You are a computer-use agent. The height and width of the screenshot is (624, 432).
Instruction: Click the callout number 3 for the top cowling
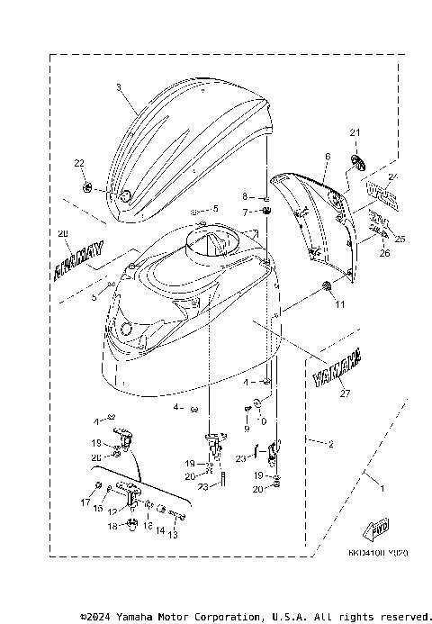[118, 87]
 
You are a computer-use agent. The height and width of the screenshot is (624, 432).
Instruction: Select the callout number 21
[355, 133]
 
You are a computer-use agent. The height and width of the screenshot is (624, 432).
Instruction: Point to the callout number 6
[328, 157]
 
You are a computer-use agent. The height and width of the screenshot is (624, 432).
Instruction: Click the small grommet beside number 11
[326, 286]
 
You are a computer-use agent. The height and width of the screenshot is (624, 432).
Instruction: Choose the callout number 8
[243, 196]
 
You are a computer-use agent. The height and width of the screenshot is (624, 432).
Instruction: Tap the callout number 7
[243, 212]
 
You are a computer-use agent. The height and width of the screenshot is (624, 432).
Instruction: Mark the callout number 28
[62, 234]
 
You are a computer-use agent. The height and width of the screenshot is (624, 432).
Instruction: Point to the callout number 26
[383, 253]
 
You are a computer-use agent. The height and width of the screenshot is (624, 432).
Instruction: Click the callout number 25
[400, 239]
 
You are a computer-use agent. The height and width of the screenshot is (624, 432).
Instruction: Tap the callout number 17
[87, 502]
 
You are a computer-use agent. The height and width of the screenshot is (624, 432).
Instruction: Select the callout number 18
[112, 525]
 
